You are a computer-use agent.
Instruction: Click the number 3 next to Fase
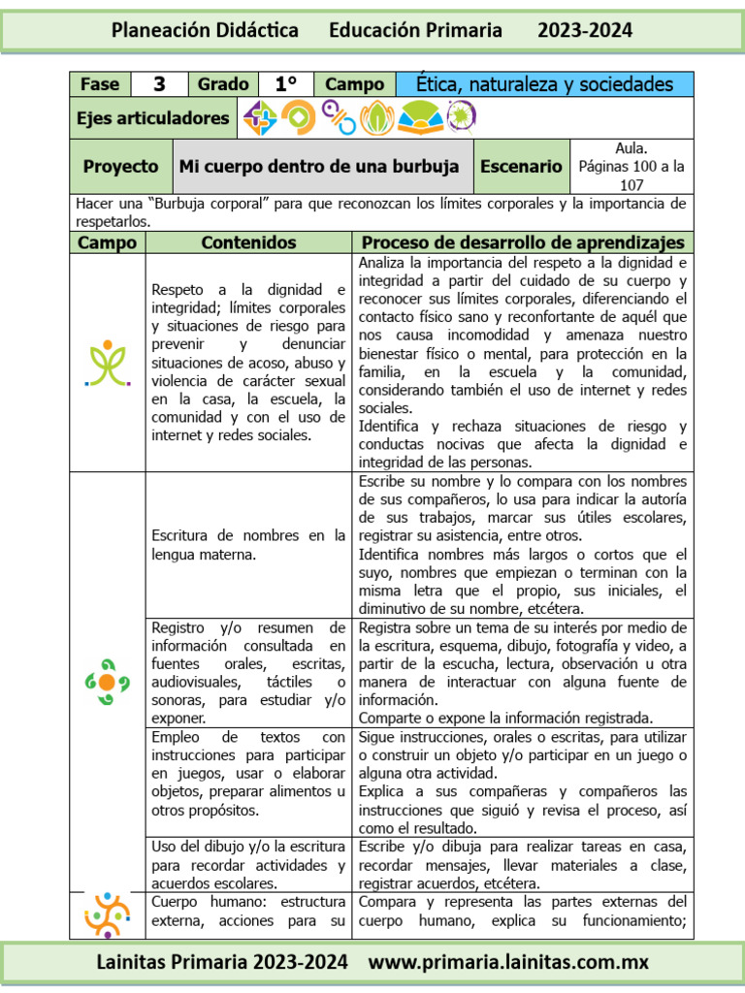[x=158, y=84]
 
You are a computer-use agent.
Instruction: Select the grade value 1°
[x=285, y=84]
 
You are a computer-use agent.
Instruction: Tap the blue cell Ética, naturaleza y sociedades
[x=544, y=84]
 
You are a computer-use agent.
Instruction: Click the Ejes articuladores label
[x=152, y=118]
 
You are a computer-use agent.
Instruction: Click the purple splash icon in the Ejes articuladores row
[x=460, y=118]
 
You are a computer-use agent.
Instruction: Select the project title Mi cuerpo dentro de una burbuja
[x=319, y=166]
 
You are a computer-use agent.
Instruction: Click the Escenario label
[x=521, y=166]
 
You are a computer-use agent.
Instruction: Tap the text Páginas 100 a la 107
[x=632, y=175]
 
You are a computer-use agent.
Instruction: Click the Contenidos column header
[x=248, y=242]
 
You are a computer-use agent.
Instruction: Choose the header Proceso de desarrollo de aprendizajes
[x=523, y=242]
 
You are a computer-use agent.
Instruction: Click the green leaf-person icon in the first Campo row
[x=108, y=364]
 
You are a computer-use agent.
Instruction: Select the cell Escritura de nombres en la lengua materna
[x=248, y=545]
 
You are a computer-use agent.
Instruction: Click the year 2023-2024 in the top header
[x=585, y=30]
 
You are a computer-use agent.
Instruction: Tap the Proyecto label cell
[x=120, y=166]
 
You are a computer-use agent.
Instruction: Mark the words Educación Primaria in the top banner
[x=415, y=30]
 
